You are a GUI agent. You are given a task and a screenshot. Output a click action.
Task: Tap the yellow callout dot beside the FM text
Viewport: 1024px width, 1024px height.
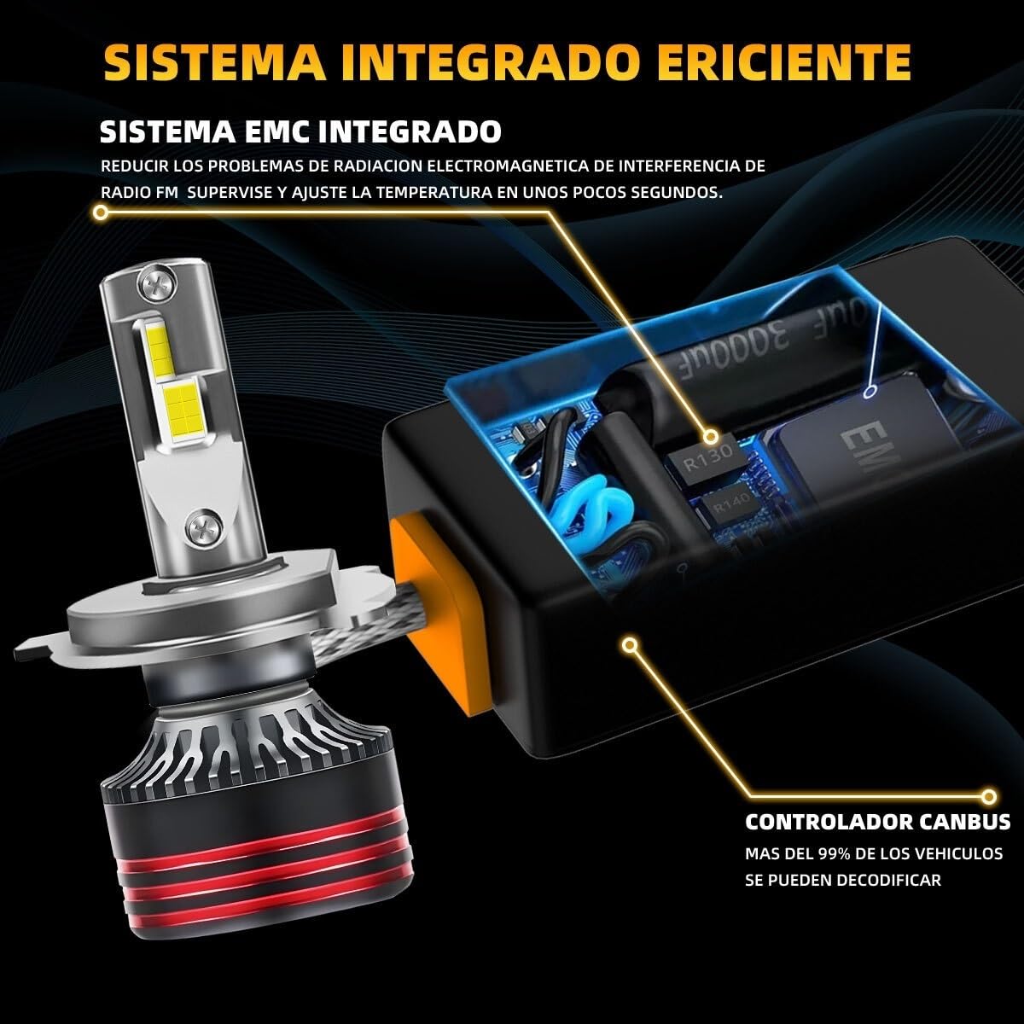(100, 213)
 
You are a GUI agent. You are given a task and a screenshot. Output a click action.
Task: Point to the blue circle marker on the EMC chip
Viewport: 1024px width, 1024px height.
(870, 393)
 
